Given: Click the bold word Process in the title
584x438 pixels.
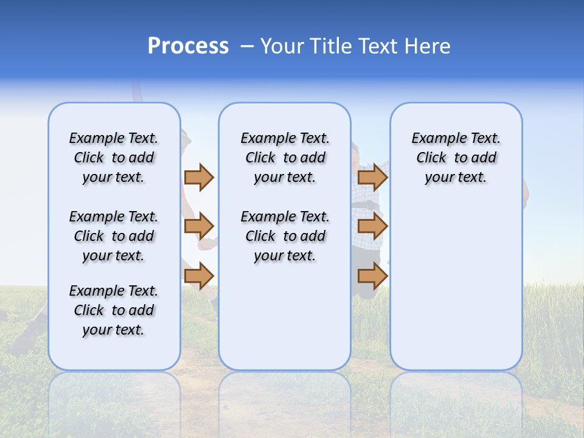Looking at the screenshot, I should (188, 46).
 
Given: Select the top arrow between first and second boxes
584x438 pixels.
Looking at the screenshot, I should (199, 177).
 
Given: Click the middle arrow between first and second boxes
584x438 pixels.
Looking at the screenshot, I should (199, 227).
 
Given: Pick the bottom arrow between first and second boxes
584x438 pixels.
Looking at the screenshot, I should (199, 276).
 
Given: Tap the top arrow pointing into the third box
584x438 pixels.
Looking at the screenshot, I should (372, 177).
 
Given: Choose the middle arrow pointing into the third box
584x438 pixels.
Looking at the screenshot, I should (372, 227).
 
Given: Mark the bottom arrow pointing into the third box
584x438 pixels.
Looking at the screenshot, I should (372, 276).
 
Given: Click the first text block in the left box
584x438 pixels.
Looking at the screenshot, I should (114, 158).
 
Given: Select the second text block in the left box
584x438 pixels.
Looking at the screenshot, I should (114, 236).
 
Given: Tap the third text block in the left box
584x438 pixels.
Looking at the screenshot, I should (114, 310).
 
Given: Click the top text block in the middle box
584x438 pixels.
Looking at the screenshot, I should (285, 158).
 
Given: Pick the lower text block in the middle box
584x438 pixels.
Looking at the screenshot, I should (285, 236).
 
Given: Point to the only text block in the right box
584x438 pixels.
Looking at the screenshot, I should (456, 158).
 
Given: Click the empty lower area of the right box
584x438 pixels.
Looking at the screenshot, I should (456, 286).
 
